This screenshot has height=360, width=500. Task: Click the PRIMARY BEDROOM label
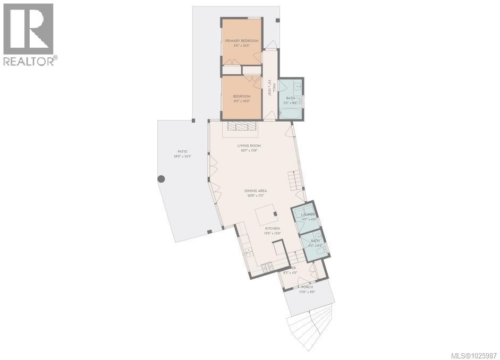(242, 41)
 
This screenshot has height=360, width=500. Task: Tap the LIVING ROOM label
(249, 145)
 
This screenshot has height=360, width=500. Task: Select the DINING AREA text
(255, 190)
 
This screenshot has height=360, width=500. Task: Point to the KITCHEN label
(272, 228)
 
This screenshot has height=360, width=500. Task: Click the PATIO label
(182, 151)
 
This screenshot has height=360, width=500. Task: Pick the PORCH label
(307, 287)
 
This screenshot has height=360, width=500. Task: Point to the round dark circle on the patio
(161, 179)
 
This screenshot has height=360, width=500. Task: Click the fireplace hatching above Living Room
(242, 126)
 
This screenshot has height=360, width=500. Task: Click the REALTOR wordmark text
(29, 62)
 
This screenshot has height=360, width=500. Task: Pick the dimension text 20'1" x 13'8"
(249, 151)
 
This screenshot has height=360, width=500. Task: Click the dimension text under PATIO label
(182, 157)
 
